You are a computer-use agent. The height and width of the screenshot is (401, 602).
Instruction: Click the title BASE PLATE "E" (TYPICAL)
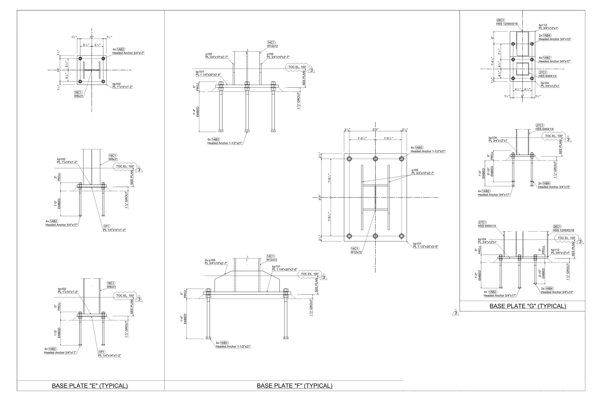pyautogui.click(x=90, y=386)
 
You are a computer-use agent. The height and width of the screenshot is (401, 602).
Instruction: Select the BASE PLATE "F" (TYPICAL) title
pyautogui.click(x=294, y=386)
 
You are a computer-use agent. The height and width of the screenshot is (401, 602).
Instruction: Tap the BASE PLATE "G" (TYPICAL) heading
pyautogui.click(x=528, y=306)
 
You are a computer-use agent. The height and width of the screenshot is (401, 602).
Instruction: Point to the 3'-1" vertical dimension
pyautogui.click(x=320, y=197)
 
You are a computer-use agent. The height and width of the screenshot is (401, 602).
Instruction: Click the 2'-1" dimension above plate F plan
pyautogui.click(x=375, y=130)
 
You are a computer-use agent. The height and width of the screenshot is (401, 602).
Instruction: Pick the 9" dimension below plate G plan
pyautogui.click(x=522, y=96)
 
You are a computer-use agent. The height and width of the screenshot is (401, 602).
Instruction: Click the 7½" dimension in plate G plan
pyautogui.click(x=499, y=52)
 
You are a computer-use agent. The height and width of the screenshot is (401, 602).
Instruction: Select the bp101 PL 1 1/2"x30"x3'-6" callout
pyautogui.click(x=425, y=245)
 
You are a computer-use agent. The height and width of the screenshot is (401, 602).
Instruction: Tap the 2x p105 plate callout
pyautogui.click(x=216, y=262)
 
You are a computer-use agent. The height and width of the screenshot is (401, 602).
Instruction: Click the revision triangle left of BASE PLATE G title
pyautogui.click(x=456, y=313)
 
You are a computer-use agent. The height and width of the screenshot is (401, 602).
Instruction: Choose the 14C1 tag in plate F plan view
pyautogui.click(x=355, y=248)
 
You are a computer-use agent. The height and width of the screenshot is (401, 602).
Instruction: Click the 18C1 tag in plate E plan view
pyautogui.click(x=78, y=92)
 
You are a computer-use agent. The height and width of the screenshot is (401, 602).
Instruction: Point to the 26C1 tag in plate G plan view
pyautogui.click(x=500, y=20)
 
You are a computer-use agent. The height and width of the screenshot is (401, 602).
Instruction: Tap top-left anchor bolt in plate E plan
pyautogui.click(x=80, y=58)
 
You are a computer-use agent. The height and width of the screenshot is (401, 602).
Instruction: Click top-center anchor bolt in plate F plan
pyautogui.click(x=375, y=159)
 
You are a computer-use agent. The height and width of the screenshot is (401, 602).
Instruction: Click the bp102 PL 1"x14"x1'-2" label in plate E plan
pyautogui.click(x=122, y=85)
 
